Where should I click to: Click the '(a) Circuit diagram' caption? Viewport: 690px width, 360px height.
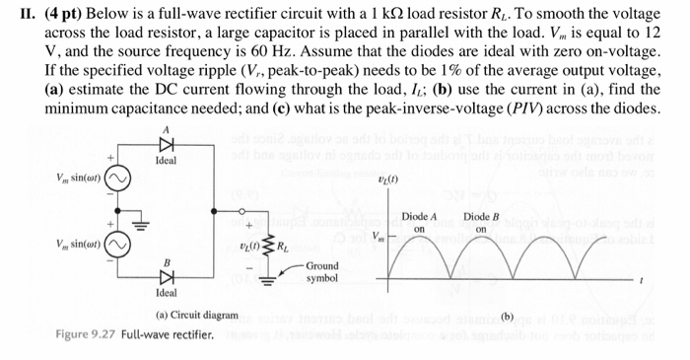tap(197, 316)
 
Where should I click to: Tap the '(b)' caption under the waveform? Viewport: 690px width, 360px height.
tap(508, 317)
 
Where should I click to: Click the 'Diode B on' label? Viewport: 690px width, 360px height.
tap(481, 223)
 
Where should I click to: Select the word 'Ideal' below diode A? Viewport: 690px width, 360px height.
tap(166, 160)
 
